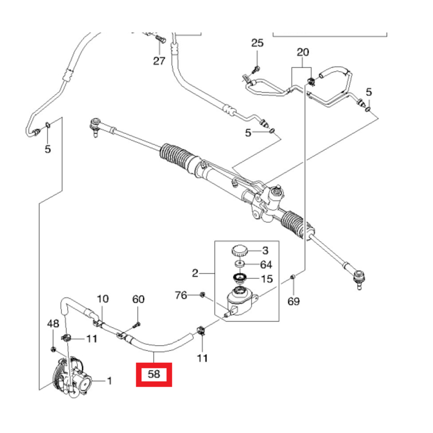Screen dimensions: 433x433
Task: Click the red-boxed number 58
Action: (154, 375)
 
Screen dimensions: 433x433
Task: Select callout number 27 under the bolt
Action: (159, 61)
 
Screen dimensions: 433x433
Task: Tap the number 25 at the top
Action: (257, 43)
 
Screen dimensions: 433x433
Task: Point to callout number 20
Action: (303, 52)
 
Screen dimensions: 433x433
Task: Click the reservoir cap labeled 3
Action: (239, 250)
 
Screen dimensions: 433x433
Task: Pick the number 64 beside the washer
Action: (266, 264)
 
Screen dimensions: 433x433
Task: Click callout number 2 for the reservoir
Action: (195, 273)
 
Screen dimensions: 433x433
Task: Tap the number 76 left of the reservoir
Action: (181, 295)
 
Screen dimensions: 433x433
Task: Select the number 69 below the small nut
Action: (294, 301)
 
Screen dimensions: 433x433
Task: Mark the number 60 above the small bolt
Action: (138, 299)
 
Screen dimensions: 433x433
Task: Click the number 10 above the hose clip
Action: (103, 299)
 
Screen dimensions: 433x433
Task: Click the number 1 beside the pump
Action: (110, 381)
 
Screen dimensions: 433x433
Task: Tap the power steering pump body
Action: (73, 376)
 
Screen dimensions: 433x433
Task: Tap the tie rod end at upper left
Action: (94, 126)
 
